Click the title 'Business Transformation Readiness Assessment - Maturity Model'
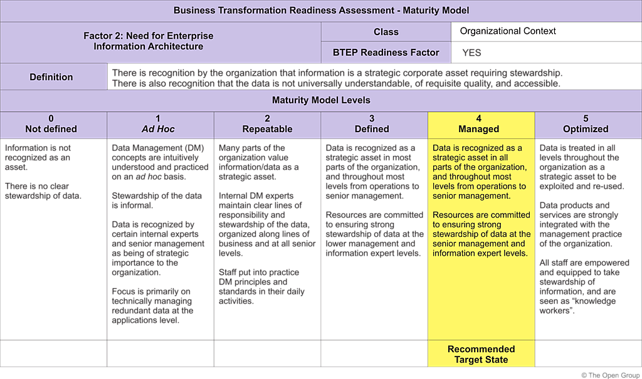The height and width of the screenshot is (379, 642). [x=321, y=11]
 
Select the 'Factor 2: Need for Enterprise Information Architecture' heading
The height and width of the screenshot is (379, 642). [x=149, y=41]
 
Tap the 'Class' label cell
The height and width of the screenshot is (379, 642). [x=386, y=32]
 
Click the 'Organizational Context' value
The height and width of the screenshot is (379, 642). [x=508, y=31]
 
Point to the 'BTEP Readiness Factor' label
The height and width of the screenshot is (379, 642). [x=386, y=53]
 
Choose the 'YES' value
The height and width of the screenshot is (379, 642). [x=471, y=53]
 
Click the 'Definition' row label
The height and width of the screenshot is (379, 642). [x=51, y=77]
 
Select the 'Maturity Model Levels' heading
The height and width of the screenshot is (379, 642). [x=321, y=100]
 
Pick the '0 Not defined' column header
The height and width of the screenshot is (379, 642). [x=51, y=124]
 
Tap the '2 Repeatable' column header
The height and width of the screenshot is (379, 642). [x=267, y=124]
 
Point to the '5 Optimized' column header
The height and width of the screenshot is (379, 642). [x=586, y=124]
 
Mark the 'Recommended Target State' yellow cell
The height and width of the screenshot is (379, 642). [x=481, y=354]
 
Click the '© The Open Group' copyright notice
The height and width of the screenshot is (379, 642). [x=609, y=375]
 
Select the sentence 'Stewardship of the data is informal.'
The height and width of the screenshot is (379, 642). [x=157, y=200]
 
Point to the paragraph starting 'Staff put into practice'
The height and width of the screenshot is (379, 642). [x=259, y=286]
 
